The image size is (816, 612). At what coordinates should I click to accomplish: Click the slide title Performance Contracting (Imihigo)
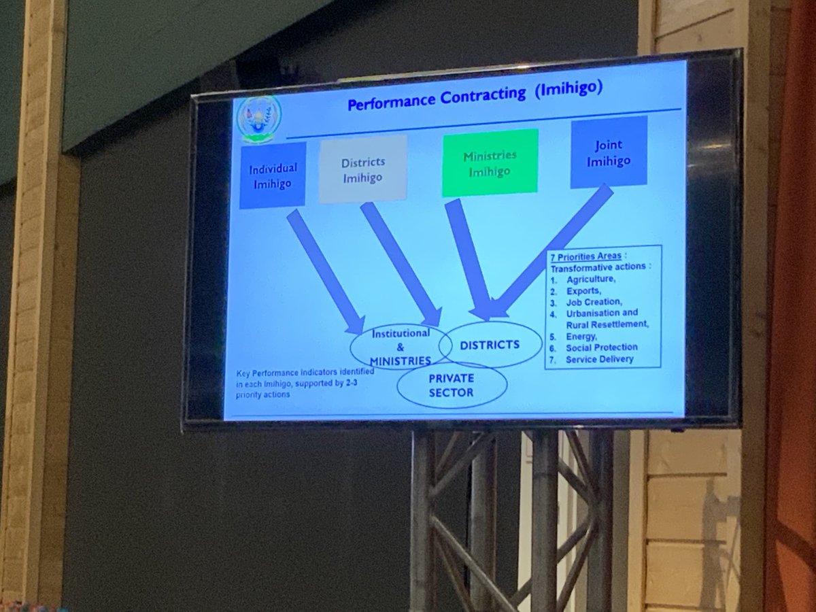[475, 97]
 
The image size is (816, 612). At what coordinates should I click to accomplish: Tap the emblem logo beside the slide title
[258, 118]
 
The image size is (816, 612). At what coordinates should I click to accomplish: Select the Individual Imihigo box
[273, 175]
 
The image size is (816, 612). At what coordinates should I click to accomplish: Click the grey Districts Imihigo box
[363, 169]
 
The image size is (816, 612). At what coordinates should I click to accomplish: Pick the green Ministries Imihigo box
[490, 163]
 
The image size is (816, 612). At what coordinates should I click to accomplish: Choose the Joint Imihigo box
[609, 152]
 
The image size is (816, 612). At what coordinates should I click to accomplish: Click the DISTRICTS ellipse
[490, 345]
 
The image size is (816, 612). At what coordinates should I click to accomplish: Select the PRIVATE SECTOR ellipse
[452, 385]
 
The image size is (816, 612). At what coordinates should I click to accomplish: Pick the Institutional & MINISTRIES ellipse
[400, 346]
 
